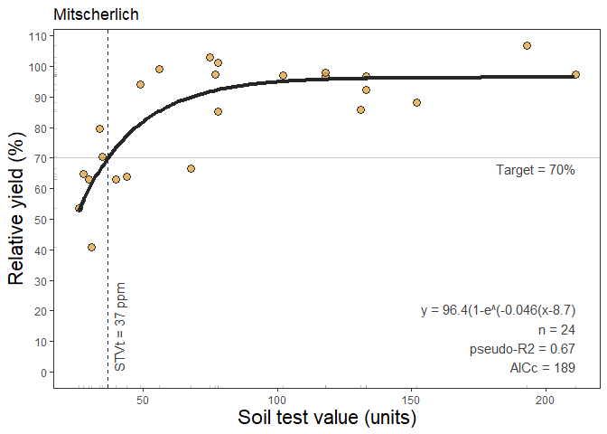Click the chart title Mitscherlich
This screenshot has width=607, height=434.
96,14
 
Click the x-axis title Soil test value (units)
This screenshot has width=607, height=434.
326,419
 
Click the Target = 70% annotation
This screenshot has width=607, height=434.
535,170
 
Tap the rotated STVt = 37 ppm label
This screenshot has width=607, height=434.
121,326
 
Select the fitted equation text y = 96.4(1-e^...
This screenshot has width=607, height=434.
498,310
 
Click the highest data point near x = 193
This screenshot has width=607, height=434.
527,46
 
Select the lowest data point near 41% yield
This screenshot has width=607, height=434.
91,247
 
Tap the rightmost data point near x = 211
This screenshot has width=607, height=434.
575,75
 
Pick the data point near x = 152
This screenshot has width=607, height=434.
416,103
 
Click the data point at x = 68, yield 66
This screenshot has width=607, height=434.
191,169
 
